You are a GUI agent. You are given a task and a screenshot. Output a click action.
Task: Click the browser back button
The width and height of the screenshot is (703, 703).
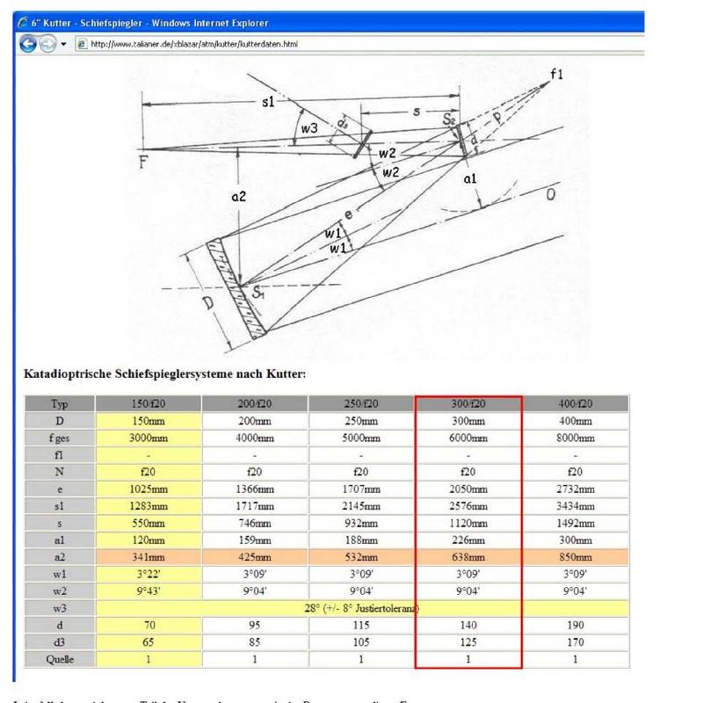pos(28,43)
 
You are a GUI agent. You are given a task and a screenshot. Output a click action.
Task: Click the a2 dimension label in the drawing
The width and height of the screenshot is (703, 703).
pos(238,197)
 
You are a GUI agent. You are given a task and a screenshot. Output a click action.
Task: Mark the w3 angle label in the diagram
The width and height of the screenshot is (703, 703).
pos(308,129)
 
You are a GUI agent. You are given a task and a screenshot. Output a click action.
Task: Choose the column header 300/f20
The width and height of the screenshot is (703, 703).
pos(468,404)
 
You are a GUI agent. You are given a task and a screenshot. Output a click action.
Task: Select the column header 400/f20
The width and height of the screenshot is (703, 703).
pos(575,404)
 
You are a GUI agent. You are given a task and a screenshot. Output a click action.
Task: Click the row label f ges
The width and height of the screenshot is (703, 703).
pos(60,438)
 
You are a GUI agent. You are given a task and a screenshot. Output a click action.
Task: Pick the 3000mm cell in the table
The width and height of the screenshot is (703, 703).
pos(149,438)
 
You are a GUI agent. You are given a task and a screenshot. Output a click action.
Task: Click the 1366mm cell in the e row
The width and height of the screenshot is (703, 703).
pos(255,489)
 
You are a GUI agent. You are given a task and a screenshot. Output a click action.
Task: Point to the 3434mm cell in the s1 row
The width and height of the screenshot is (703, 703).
pos(575,505)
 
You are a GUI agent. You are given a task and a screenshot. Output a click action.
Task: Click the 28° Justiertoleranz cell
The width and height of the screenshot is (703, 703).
pos(361,607)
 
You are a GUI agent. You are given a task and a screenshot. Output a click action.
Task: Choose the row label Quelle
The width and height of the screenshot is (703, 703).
pos(60,657)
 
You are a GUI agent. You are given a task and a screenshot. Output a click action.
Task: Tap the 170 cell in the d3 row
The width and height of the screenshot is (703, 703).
pos(575,641)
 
